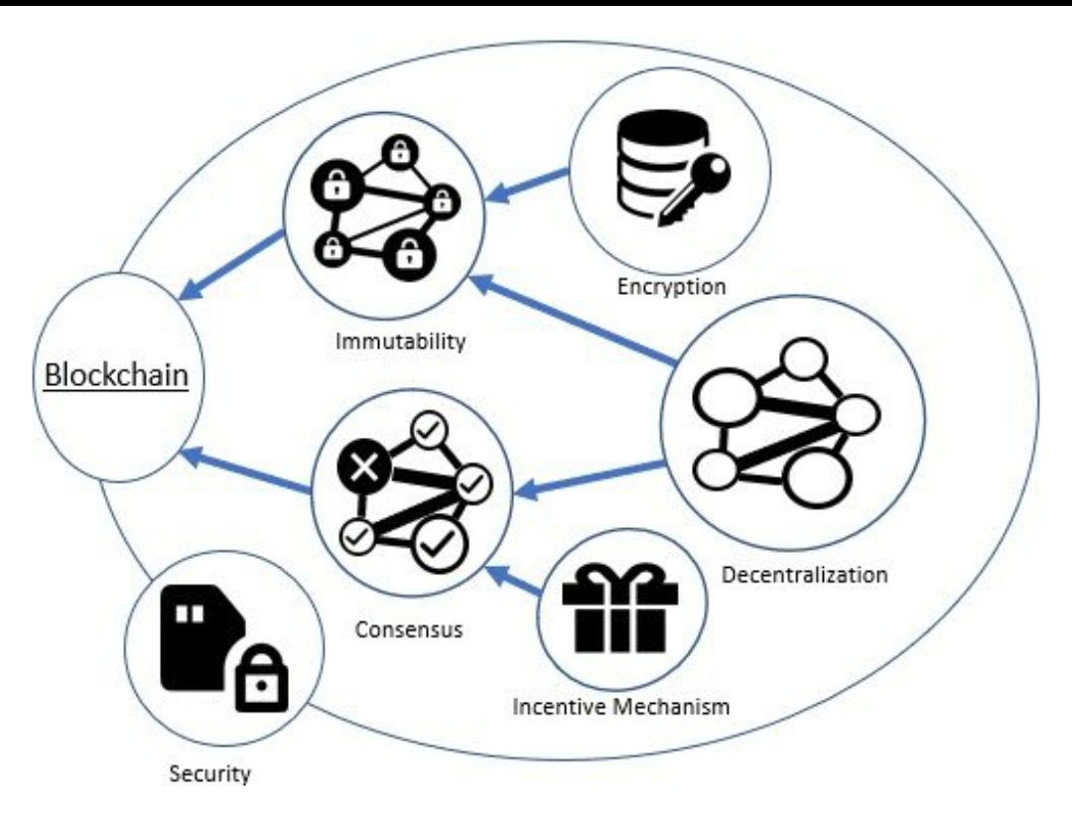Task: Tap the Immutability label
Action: [x=400, y=342]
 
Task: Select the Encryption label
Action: [x=671, y=287]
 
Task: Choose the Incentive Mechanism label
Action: [x=621, y=707]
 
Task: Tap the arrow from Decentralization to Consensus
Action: [x=592, y=476]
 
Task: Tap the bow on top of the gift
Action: [x=619, y=575]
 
